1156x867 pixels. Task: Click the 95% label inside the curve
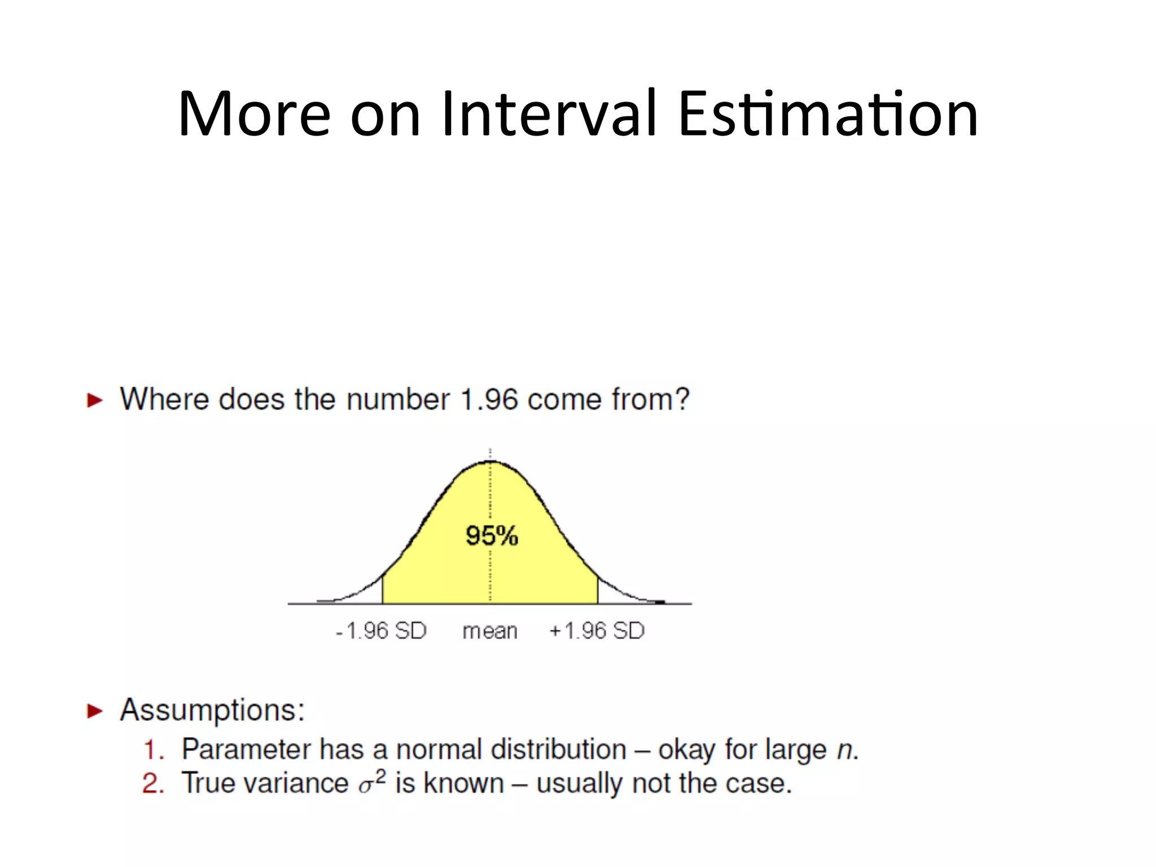click(x=492, y=535)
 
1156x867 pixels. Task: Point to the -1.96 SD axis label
click(x=381, y=630)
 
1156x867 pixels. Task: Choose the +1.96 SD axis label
click(x=597, y=630)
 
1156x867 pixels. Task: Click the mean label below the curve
click(x=489, y=631)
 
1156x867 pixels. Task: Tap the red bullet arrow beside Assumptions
click(x=95, y=711)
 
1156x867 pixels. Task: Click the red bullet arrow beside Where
click(x=95, y=401)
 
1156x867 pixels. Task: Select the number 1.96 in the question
click(x=489, y=400)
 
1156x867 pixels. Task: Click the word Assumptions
click(x=212, y=710)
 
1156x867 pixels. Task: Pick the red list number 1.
click(x=152, y=750)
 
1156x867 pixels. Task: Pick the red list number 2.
click(x=152, y=784)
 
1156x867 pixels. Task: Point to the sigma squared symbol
click(x=372, y=782)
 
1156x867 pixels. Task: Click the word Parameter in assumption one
click(x=246, y=750)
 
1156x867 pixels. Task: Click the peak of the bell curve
click(x=491, y=462)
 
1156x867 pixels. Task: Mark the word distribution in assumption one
click(x=558, y=750)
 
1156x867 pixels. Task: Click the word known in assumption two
click(x=463, y=783)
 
